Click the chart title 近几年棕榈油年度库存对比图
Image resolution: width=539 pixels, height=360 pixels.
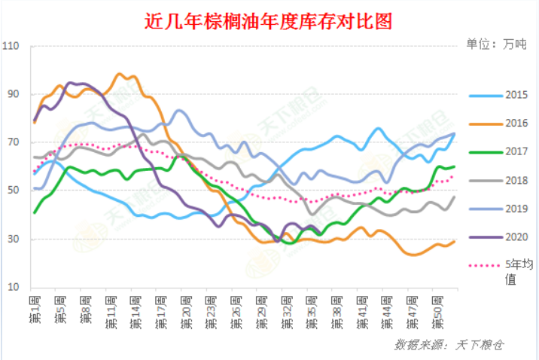click(x=269, y=21)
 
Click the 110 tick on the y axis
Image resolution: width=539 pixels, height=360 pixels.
click(x=12, y=47)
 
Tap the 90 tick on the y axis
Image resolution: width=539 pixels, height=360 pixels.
click(x=14, y=95)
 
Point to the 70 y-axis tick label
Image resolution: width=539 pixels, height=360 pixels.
click(x=14, y=143)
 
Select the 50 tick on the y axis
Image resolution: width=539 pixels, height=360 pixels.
click(x=14, y=191)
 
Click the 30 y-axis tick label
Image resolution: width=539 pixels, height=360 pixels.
click(x=14, y=239)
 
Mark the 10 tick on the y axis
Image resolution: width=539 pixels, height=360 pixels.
click(x=14, y=288)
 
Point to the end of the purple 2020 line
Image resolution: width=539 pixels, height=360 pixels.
click(x=321, y=233)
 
